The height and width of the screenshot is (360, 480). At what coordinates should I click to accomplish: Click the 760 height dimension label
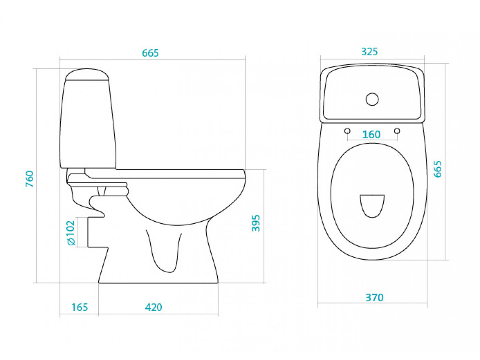30,179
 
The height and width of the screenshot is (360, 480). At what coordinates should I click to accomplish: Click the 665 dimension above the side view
150,53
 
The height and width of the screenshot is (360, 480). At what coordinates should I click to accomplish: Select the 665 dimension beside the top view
438,169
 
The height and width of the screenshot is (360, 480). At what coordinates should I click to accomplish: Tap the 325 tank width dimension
369,52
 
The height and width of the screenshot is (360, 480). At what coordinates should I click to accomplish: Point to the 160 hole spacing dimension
371,134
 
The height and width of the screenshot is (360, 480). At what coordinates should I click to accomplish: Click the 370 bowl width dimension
374,298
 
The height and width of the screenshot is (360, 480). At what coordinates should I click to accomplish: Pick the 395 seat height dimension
256,223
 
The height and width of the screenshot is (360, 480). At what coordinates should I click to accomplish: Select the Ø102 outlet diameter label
71,233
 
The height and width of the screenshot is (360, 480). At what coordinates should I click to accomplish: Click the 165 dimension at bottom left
80,307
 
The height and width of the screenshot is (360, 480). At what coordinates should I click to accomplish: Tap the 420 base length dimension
154,307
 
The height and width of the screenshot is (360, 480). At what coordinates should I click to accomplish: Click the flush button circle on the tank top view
372,99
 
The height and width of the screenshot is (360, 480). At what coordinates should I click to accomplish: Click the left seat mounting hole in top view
347,131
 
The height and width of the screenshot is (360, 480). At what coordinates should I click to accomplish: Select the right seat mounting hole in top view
397,131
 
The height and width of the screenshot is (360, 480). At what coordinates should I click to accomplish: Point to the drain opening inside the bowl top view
372,206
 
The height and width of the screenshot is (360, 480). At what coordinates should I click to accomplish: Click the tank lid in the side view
87,74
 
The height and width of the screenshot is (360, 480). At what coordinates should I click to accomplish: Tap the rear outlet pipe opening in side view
88,232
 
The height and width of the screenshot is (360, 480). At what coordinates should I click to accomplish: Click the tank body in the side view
88,124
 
